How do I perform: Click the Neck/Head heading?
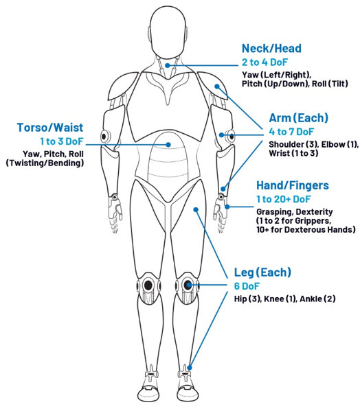click(271, 49)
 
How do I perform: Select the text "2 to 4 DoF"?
click(265, 62)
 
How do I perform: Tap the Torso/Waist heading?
click(50, 128)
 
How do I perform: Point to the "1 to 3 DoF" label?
click(62, 141)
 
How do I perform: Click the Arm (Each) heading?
click(298, 118)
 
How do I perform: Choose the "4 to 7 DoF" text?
click(291, 132)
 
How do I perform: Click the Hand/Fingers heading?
click(293, 185)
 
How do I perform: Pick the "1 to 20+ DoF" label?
click(283, 199)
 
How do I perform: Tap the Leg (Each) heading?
click(262, 272)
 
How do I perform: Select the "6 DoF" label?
click(247, 286)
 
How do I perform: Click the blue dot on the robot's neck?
click(168, 65)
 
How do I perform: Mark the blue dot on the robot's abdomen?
click(168, 145)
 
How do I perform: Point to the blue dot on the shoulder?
click(217, 86)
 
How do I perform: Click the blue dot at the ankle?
click(190, 368)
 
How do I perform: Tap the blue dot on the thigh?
click(196, 209)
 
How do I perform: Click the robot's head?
click(168, 32)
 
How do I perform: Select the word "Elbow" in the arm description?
click(333, 144)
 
